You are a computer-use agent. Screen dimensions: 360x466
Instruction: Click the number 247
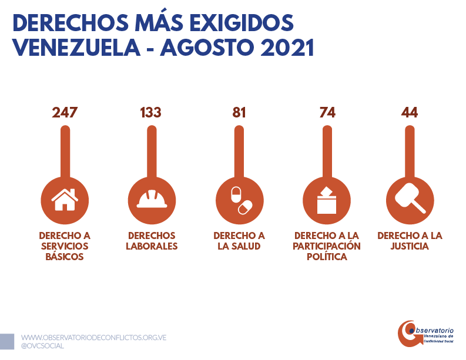point(65,112)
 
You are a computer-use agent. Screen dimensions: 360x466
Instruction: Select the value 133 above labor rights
point(151,112)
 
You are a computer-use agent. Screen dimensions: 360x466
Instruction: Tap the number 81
point(239,112)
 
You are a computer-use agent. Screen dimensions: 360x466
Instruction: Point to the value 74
point(327,112)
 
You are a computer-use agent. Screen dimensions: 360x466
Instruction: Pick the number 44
point(409,112)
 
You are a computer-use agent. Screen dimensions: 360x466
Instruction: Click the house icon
point(65,198)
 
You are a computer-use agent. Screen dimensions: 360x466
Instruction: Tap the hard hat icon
point(151,198)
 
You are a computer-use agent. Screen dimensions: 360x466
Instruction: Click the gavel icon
point(409,198)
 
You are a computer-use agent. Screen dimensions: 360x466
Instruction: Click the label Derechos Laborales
point(152,241)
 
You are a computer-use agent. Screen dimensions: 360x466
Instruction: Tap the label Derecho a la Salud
point(239,241)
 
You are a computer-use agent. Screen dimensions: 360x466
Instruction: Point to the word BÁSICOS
point(65,257)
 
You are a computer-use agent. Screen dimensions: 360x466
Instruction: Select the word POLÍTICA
point(327,257)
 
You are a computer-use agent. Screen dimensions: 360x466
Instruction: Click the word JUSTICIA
point(410,247)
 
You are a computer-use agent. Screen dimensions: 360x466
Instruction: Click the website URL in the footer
point(94,338)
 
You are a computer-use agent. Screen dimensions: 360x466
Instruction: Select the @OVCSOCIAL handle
point(42,346)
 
